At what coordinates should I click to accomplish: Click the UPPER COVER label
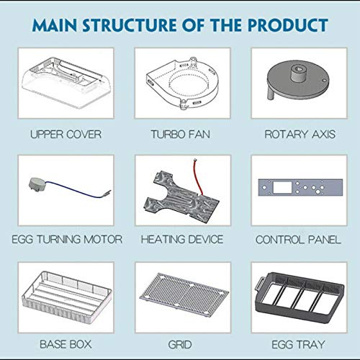pyautogui.click(x=66, y=134)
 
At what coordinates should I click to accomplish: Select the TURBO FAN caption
pyautogui.click(x=181, y=134)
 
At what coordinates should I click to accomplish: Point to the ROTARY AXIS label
pyautogui.click(x=300, y=134)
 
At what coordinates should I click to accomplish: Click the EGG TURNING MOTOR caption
pyautogui.click(x=67, y=239)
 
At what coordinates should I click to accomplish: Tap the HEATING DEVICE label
pyautogui.click(x=182, y=239)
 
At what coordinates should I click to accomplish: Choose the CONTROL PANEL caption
pyautogui.click(x=298, y=240)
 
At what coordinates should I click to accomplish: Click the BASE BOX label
pyautogui.click(x=66, y=344)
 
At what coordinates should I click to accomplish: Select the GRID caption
pyautogui.click(x=180, y=345)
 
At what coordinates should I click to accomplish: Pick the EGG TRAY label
pyautogui.click(x=298, y=345)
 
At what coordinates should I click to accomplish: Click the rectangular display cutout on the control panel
pyautogui.click(x=282, y=187)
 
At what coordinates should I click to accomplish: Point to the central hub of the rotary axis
pyautogui.click(x=298, y=73)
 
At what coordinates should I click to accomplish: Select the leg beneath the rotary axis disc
pyautogui.click(x=271, y=93)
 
